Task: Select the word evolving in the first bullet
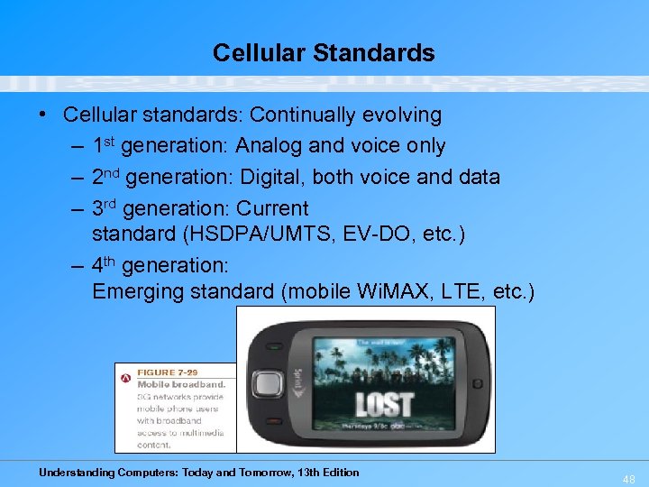pyautogui.click(x=403, y=115)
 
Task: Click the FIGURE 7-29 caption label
pyautogui.click(x=168, y=372)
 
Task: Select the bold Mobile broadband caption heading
pyautogui.click(x=180, y=384)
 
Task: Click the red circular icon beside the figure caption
pyautogui.click(x=126, y=378)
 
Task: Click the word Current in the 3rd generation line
pyautogui.click(x=272, y=208)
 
